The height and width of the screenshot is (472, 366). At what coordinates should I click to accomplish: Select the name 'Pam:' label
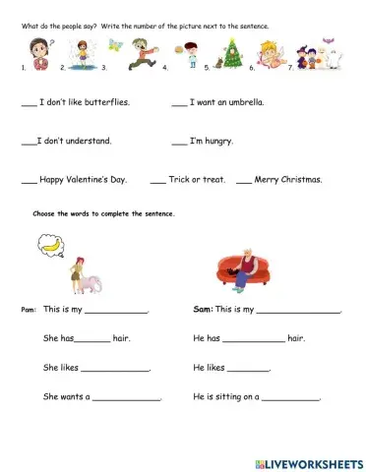pos(29,310)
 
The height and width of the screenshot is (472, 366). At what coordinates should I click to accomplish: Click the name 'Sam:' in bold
pos(203,309)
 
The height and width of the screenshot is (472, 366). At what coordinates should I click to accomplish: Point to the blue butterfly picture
pos(116,44)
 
